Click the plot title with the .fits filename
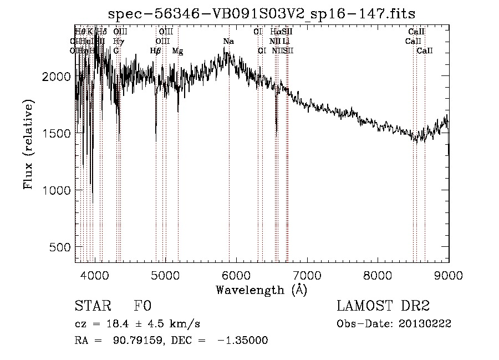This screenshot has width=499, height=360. tap(261, 13)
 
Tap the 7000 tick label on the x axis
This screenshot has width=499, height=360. tap(307, 275)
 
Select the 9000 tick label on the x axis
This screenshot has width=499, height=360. tap(449, 275)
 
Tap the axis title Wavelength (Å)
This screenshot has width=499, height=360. tap(261, 290)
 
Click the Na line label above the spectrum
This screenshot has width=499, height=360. tap(228, 41)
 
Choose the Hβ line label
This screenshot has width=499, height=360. tap(156, 50)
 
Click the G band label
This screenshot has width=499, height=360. tap(116, 50)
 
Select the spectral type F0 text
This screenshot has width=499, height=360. tap(142, 307)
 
